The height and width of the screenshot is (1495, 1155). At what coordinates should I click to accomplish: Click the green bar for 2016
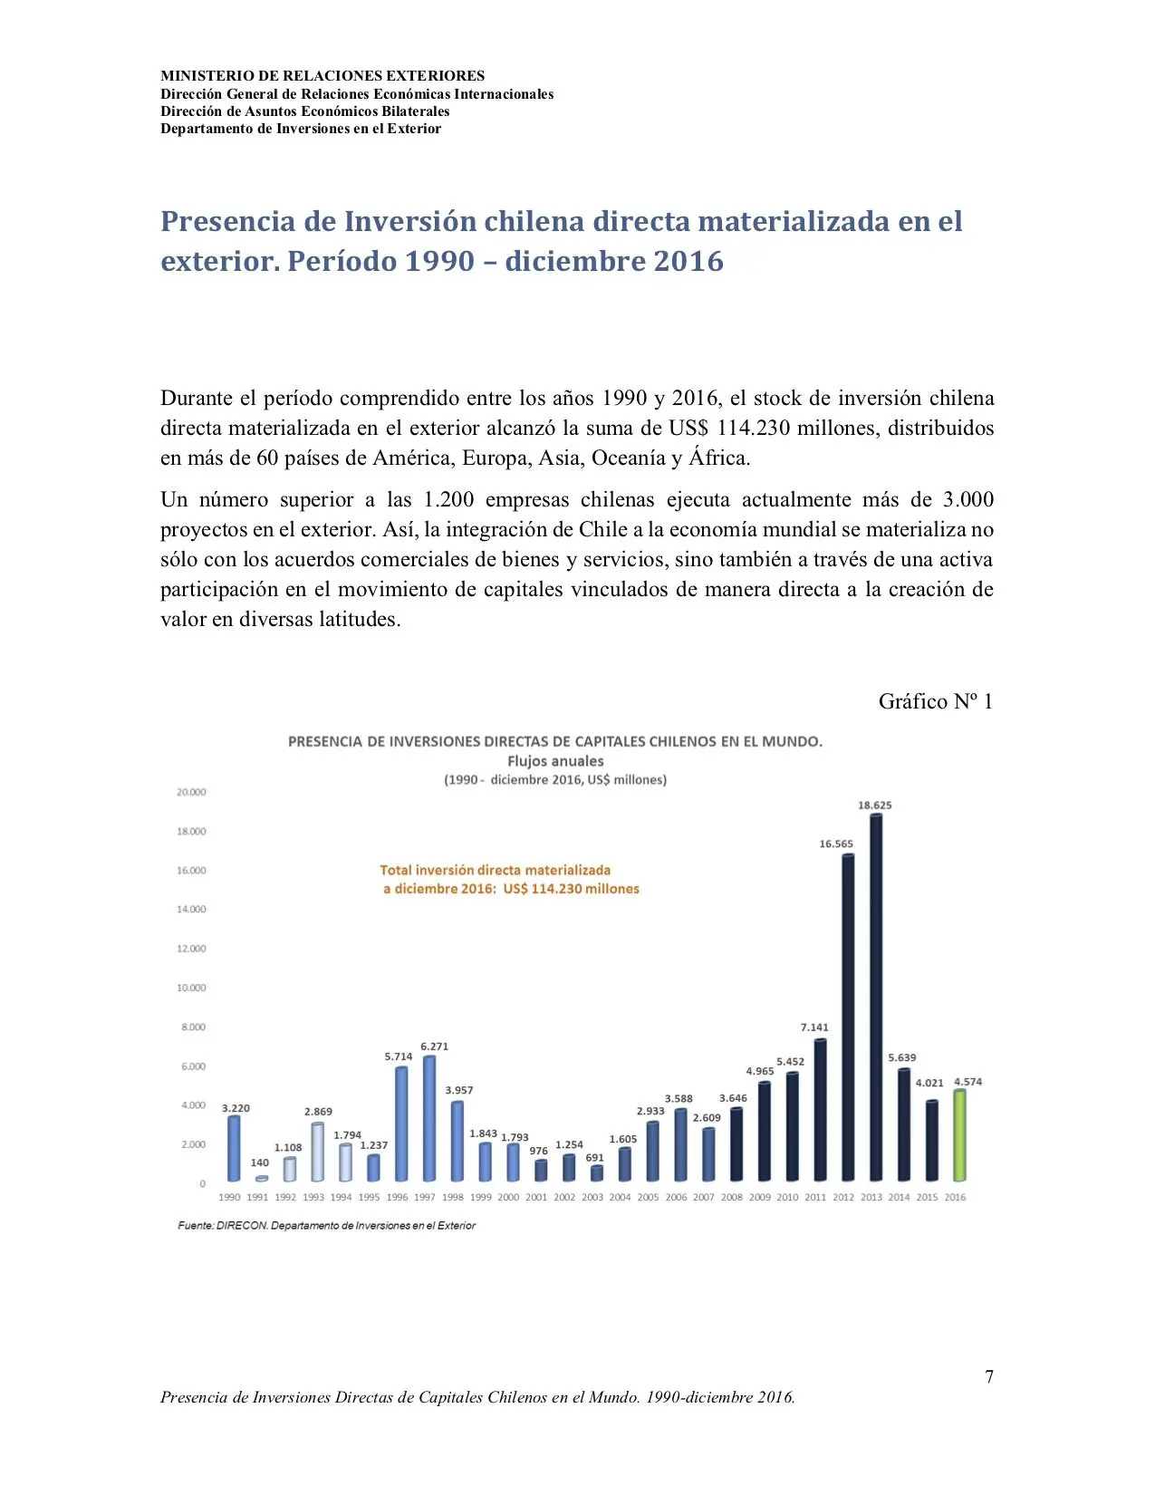959,1135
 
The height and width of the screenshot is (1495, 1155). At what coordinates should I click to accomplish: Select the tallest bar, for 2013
875,997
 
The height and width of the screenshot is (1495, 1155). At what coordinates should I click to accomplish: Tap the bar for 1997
429,1118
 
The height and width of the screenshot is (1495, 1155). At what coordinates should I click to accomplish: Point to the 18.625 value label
875,805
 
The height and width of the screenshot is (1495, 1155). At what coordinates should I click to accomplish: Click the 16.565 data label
836,844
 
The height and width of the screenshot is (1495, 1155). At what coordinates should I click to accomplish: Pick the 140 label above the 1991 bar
260,1163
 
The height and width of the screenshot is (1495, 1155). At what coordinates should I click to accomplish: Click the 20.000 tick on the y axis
191,793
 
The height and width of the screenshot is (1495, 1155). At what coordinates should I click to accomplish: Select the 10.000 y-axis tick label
191,989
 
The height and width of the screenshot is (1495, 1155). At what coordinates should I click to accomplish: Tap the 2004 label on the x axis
620,1198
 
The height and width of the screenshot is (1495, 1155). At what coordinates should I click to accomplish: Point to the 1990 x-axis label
230,1198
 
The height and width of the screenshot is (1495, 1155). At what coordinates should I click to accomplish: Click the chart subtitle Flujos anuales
555,762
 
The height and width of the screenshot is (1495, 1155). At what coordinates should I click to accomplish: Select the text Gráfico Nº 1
935,702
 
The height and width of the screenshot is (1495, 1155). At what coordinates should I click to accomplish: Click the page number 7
989,1377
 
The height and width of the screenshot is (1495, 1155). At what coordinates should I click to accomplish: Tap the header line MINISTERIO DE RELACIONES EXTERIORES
322,76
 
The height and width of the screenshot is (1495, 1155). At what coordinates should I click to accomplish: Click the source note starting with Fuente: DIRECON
326,1226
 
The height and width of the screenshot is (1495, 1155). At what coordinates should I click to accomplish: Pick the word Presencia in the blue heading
228,222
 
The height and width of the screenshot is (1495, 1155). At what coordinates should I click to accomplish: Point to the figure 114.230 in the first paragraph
753,429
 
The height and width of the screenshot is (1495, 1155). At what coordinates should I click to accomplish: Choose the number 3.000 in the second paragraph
968,500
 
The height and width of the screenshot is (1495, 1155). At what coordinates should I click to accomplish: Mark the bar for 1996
401,1124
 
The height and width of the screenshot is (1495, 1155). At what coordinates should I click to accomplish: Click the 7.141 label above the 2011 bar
814,1028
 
